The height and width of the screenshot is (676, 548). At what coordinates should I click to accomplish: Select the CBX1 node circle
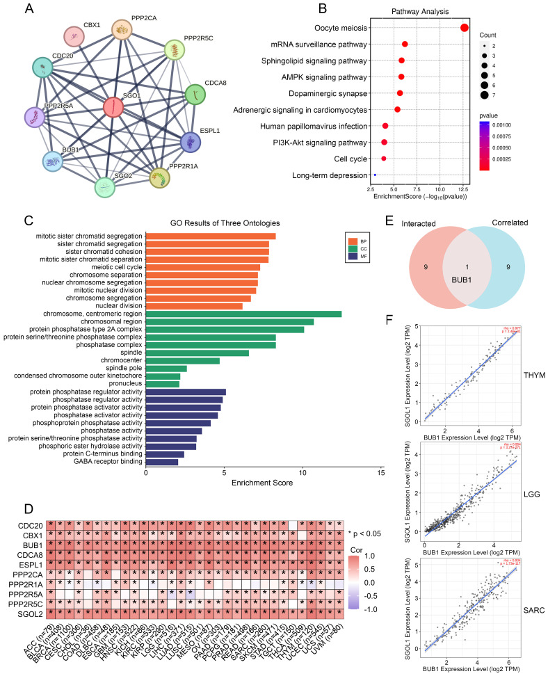(74, 37)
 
